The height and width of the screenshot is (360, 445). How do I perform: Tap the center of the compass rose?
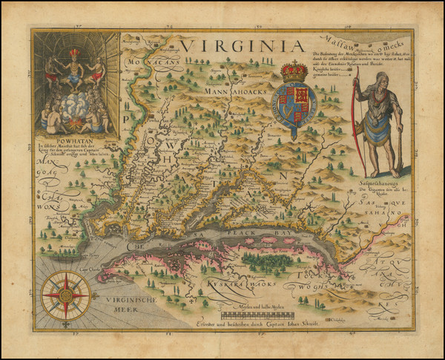tap(66, 295)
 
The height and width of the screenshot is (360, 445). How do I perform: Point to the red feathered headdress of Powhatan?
tap(74, 53)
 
